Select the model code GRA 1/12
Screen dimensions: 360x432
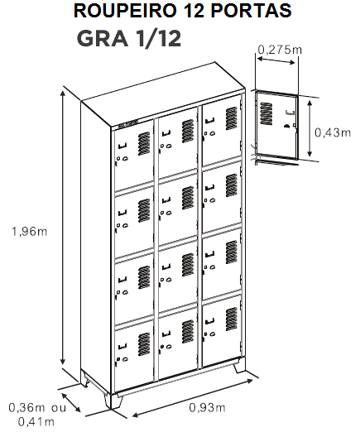click(129, 39)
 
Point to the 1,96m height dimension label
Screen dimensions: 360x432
click(29, 231)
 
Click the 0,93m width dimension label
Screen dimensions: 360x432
click(207, 407)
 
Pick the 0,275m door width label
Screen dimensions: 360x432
click(280, 50)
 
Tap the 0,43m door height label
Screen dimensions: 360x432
click(333, 132)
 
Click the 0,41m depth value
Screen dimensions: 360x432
click(36, 422)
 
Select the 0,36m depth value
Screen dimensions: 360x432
click(26, 407)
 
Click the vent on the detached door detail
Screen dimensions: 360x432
click(266, 113)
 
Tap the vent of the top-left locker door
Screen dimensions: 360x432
click(144, 143)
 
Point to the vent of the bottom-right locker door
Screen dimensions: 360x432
click(232, 319)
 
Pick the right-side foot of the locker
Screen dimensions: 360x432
click(240, 365)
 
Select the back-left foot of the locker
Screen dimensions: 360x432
click(84, 377)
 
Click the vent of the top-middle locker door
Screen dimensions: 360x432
click(188, 131)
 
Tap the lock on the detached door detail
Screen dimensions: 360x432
click(286, 126)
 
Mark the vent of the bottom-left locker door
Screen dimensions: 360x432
click(144, 344)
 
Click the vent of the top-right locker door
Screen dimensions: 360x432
click(232, 118)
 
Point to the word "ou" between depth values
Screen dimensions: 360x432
click(59, 408)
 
